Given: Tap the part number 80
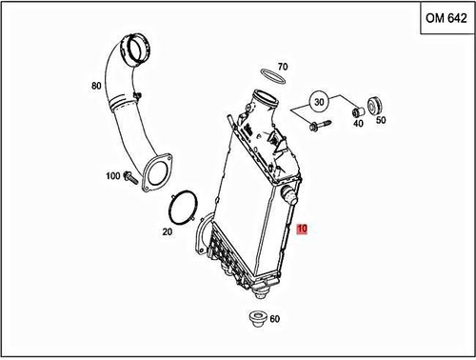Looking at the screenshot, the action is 95,86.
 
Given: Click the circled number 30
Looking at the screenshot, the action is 320,102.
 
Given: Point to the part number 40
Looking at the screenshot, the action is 358,121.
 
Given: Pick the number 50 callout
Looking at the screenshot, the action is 381,121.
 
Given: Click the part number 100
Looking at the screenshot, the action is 113,176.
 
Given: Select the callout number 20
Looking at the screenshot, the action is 167,231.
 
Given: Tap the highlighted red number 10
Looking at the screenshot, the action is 302,230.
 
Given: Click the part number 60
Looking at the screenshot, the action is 274,320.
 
